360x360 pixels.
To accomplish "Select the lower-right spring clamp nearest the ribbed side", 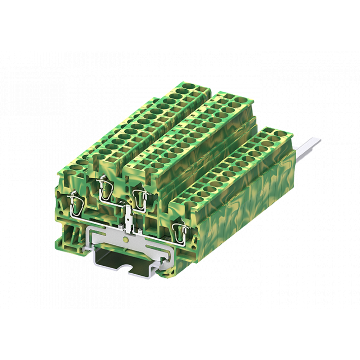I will pos(180,230).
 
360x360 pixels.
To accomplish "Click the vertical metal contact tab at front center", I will pos(128,218).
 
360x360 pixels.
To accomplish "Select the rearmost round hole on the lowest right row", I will pos(278,134).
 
